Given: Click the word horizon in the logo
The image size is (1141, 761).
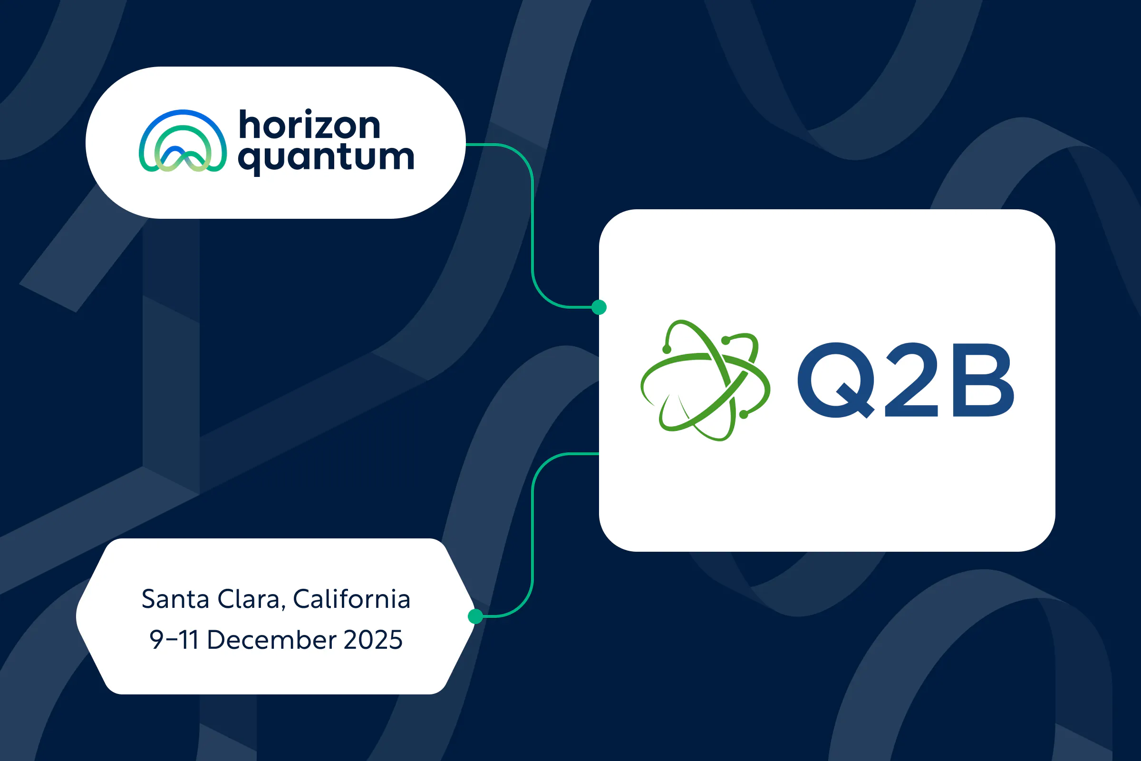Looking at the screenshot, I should [x=309, y=125].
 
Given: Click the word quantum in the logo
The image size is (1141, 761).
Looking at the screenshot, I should [x=326, y=158].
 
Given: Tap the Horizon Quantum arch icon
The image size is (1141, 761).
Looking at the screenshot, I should [x=183, y=142].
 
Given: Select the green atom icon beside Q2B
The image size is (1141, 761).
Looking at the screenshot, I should [x=705, y=380].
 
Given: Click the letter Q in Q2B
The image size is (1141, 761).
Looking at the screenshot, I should [x=836, y=380].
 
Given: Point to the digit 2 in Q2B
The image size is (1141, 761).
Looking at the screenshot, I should [x=911, y=380].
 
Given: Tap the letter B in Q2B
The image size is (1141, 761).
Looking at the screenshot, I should [x=982, y=380].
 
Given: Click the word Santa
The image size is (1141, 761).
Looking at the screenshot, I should [x=175, y=599].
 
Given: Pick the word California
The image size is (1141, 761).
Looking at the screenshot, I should [x=352, y=599].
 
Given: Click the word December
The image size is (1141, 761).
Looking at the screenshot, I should [x=271, y=640].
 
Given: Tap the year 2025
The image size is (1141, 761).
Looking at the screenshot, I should [x=373, y=640].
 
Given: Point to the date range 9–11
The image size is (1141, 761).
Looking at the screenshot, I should [x=174, y=640].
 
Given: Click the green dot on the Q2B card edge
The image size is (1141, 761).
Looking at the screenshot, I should [x=599, y=307].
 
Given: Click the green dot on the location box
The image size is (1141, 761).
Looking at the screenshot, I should [x=475, y=616].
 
